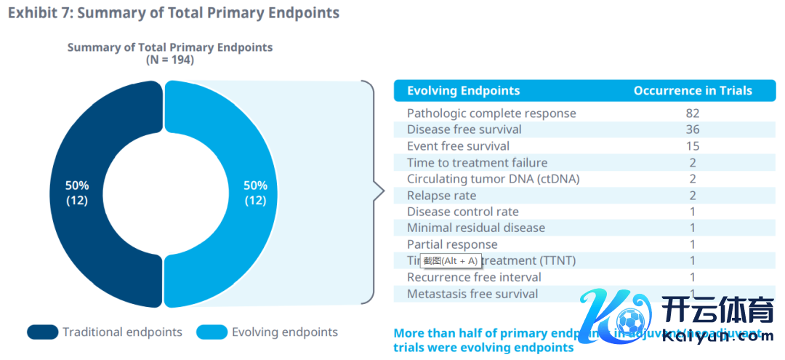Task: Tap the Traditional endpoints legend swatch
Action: coord(42,332)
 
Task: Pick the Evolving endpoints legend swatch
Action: coord(212,332)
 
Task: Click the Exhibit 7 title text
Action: coord(174,13)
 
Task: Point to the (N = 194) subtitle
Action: coord(169,60)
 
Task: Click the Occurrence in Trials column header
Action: coord(692,91)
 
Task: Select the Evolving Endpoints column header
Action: coord(463,91)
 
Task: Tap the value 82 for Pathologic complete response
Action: coord(692,113)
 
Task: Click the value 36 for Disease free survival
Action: coord(692,129)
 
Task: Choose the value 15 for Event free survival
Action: coord(692,146)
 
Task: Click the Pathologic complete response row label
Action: coord(491,113)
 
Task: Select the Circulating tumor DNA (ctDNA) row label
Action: coord(493,179)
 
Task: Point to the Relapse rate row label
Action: coord(442,196)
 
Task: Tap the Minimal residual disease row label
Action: coord(475,228)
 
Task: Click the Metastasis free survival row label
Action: coord(472,295)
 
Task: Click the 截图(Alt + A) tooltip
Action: coord(450,260)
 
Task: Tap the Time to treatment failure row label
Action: coord(477,163)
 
